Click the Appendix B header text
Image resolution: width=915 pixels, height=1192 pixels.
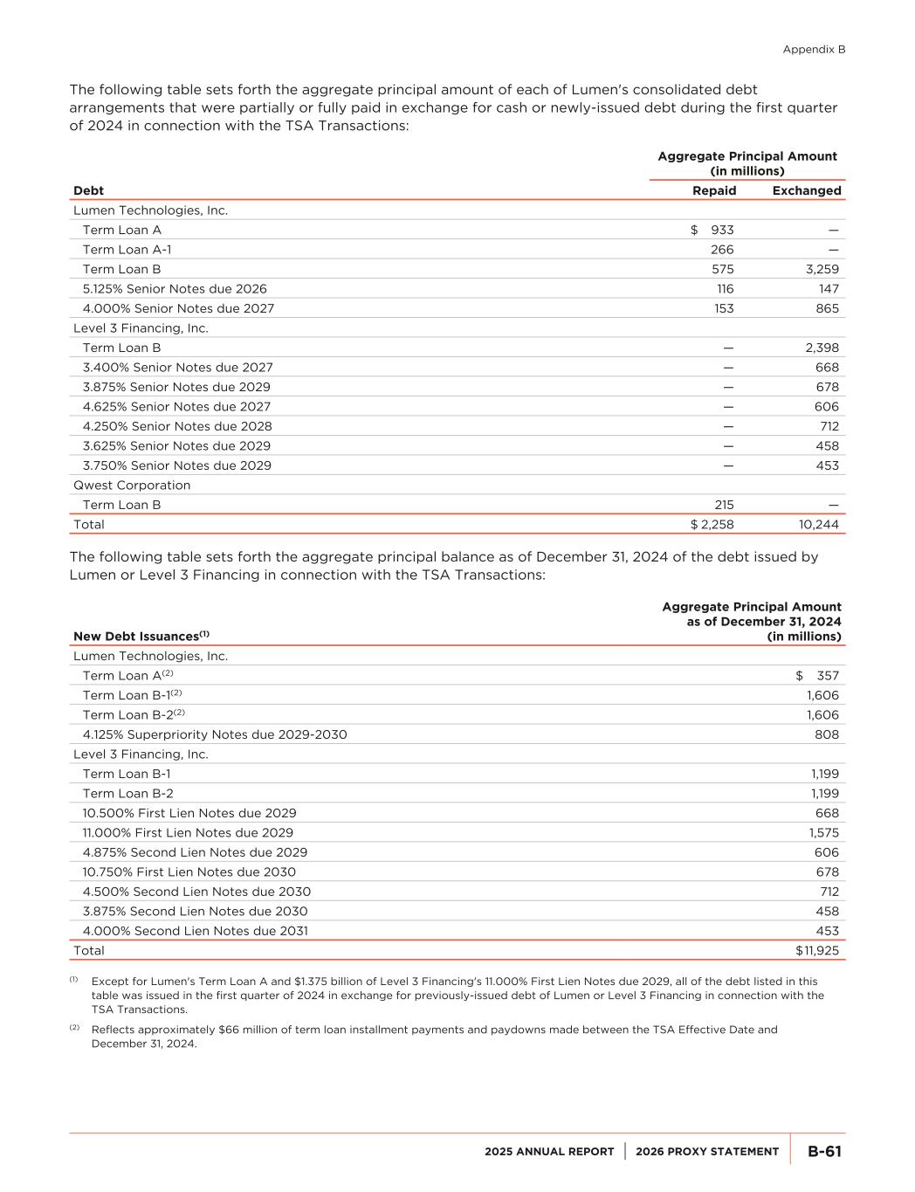click(x=813, y=50)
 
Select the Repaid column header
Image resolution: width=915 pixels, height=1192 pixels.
click(x=714, y=190)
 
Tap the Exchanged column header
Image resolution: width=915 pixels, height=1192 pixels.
click(x=807, y=190)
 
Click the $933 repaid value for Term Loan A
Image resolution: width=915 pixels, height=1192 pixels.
click(x=712, y=230)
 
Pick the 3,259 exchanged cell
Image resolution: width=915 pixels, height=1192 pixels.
click(x=822, y=269)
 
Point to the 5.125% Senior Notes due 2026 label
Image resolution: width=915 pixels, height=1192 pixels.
click(x=175, y=289)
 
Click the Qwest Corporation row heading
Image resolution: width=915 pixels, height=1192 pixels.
click(x=132, y=486)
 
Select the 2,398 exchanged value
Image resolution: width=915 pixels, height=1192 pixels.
click(x=822, y=348)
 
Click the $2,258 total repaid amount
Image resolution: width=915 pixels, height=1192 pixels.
click(x=712, y=525)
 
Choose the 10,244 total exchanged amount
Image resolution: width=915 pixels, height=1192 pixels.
click(x=818, y=525)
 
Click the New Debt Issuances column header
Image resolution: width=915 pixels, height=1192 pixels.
click(x=141, y=637)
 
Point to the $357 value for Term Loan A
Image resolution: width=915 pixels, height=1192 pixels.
click(x=817, y=676)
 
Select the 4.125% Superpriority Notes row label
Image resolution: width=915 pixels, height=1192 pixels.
click(x=215, y=734)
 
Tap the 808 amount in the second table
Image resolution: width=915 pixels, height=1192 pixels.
click(x=826, y=734)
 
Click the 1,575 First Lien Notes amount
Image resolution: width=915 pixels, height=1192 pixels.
click(x=823, y=833)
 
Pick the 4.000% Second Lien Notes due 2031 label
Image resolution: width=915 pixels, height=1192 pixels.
click(x=196, y=931)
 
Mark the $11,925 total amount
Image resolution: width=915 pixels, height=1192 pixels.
click(x=816, y=951)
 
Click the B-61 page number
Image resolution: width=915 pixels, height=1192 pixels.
click(x=823, y=1152)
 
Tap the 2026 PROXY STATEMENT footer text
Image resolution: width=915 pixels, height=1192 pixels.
click(x=707, y=1152)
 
